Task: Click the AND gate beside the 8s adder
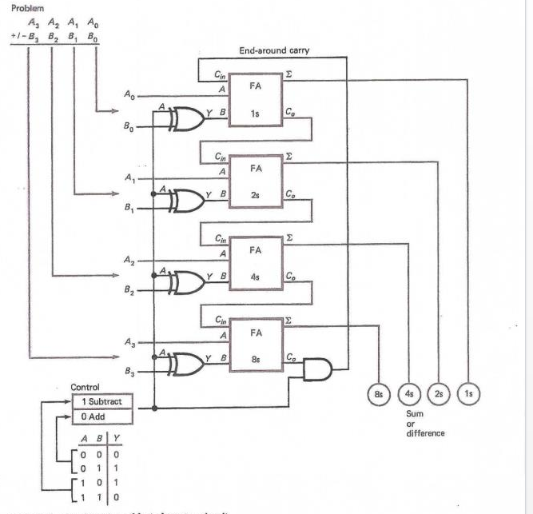[316, 370]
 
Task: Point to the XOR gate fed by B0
[185, 118]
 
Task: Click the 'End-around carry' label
[274, 50]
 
